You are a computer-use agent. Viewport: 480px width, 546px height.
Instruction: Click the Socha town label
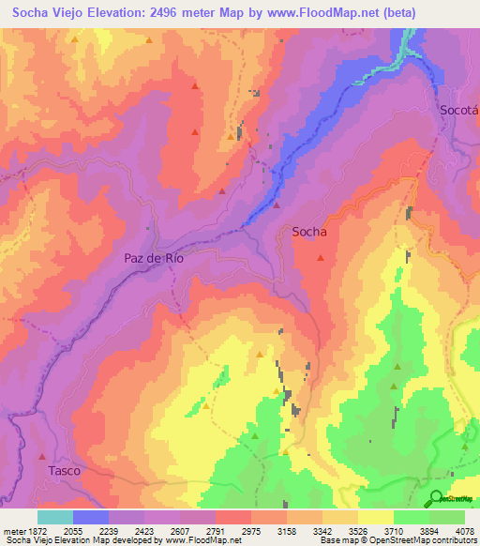click(x=309, y=230)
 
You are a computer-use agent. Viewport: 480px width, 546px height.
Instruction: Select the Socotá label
click(x=459, y=110)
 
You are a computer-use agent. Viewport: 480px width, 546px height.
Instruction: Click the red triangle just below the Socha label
click(x=322, y=257)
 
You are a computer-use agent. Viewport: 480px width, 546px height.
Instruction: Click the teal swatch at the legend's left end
click(x=55, y=517)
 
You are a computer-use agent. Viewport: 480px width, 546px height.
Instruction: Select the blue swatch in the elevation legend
click(x=91, y=517)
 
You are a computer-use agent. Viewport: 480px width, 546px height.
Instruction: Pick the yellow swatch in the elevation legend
click(x=376, y=517)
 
